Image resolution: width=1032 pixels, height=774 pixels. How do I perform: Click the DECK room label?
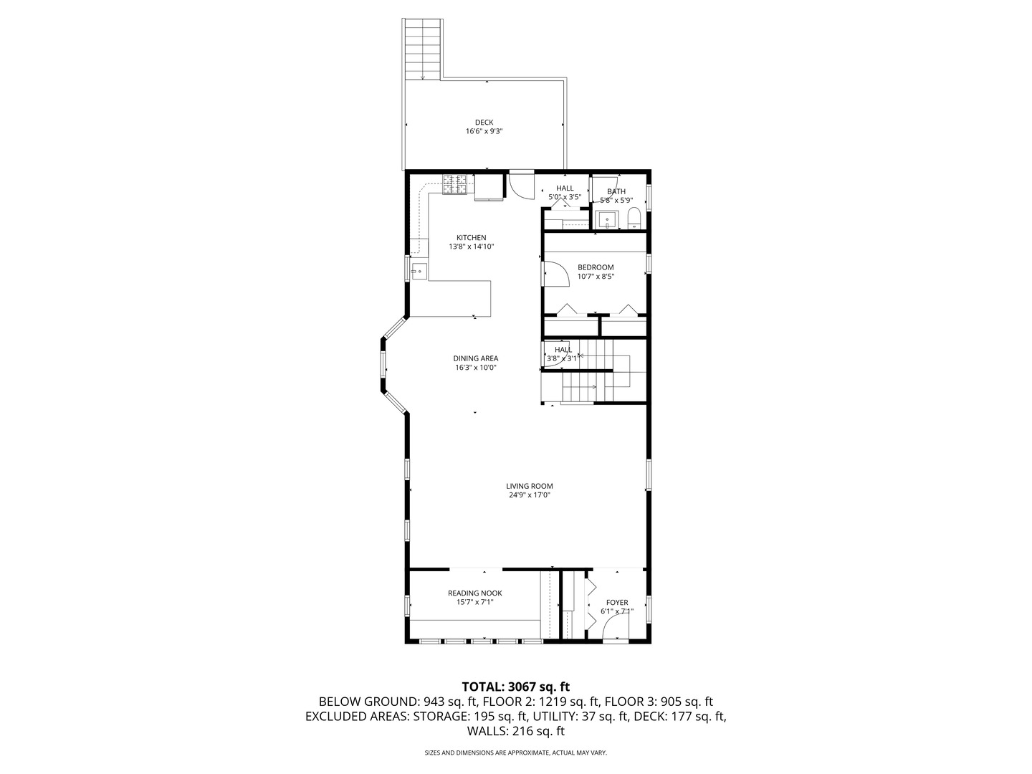coord(484,123)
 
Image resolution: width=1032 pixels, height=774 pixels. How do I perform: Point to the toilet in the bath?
coord(634,219)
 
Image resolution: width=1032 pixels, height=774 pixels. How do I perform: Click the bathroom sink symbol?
coord(607,220)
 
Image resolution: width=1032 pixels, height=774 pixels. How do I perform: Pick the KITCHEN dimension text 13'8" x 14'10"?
coord(471,247)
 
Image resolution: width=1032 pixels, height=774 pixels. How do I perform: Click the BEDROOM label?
coord(596,267)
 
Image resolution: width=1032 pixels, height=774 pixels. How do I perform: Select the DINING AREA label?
coord(475,358)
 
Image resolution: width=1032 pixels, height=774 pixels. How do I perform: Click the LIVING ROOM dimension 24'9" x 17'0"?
coord(530,494)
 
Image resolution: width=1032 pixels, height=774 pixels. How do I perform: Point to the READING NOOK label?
coord(475,593)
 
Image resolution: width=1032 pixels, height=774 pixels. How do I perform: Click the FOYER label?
coord(617,603)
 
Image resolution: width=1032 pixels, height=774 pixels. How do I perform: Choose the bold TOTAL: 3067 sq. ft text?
coord(516,687)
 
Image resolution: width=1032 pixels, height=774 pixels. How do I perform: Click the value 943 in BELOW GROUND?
coord(431,702)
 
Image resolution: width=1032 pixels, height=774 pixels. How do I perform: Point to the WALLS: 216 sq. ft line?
coord(516,731)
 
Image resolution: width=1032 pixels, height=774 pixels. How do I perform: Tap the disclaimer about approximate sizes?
coord(516,752)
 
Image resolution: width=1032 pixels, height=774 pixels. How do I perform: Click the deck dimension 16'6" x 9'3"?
coord(484,132)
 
